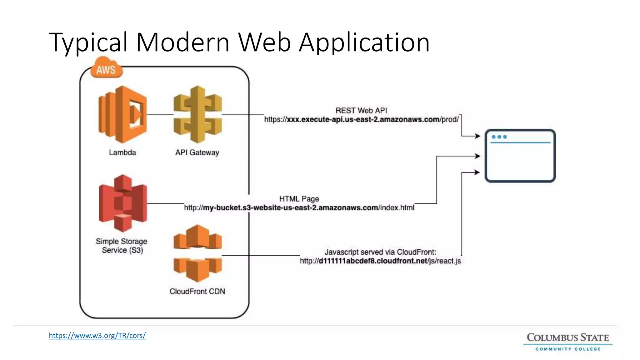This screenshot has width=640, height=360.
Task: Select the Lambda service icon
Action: (122, 114)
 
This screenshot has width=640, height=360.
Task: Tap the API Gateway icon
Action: (197, 114)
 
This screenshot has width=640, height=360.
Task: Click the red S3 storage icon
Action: (123, 203)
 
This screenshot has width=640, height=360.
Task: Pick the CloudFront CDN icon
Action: (197, 253)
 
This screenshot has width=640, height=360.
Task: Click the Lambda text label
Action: (122, 152)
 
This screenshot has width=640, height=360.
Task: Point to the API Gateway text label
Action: (197, 152)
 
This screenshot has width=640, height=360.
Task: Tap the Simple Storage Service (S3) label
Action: (122, 246)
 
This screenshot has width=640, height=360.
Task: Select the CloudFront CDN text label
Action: (197, 291)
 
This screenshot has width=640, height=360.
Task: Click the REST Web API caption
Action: (361, 110)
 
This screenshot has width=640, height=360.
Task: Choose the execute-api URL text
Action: (361, 119)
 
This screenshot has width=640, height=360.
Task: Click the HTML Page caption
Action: (299, 199)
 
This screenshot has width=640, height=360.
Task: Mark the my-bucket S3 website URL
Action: (299, 208)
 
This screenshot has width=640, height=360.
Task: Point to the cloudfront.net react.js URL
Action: (380, 261)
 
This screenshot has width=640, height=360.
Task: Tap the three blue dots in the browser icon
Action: (499, 137)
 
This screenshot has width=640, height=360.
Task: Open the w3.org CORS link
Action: (97, 335)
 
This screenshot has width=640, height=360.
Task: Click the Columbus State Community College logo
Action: (568, 342)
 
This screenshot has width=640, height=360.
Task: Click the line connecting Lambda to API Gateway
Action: (160, 115)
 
